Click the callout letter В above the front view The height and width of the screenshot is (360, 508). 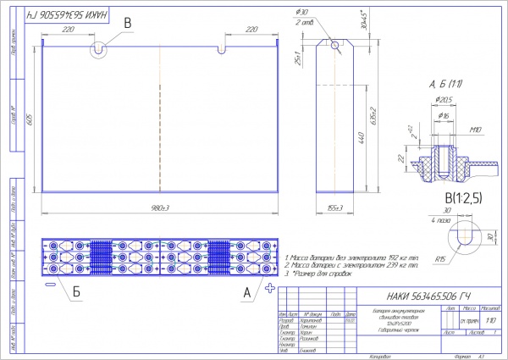click(x=127, y=23)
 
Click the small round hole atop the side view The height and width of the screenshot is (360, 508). click(x=335, y=46)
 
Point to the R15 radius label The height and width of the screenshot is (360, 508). click(x=440, y=258)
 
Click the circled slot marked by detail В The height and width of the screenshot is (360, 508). click(x=100, y=49)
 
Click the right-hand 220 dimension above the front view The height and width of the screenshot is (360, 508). click(x=250, y=29)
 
